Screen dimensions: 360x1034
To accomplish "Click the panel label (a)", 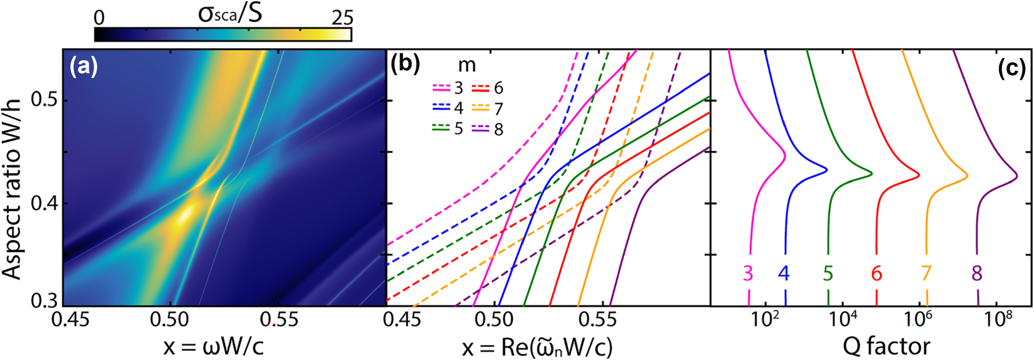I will pyautogui.click(x=84, y=68).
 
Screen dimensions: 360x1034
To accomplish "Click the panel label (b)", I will pyautogui.click(x=405, y=64).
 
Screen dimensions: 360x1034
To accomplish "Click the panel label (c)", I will pyautogui.click(x=1012, y=68).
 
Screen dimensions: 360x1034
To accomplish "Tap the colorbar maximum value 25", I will pyautogui.click(x=342, y=17).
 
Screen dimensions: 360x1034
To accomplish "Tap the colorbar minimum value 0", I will pyautogui.click(x=99, y=18).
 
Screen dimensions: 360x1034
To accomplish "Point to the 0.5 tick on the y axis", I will pyautogui.click(x=45, y=100).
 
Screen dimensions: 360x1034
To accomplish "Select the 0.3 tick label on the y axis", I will pyautogui.click(x=45, y=300).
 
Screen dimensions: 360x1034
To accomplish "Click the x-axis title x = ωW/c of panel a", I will pyautogui.click(x=214, y=346).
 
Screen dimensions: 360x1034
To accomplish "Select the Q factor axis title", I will pyautogui.click(x=886, y=346).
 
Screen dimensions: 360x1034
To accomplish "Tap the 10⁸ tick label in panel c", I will pyautogui.click(x=998, y=319).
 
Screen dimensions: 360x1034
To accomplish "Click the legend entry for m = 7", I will pyautogui.click(x=488, y=109).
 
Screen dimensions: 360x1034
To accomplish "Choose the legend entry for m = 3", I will pyautogui.click(x=448, y=88).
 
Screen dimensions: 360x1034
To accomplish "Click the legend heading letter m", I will pyautogui.click(x=467, y=65).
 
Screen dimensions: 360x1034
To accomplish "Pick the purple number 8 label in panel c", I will pyautogui.click(x=977, y=274).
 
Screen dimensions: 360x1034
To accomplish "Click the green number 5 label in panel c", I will pyautogui.click(x=827, y=274).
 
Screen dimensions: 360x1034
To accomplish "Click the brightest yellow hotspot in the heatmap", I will pyautogui.click(x=184, y=218).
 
